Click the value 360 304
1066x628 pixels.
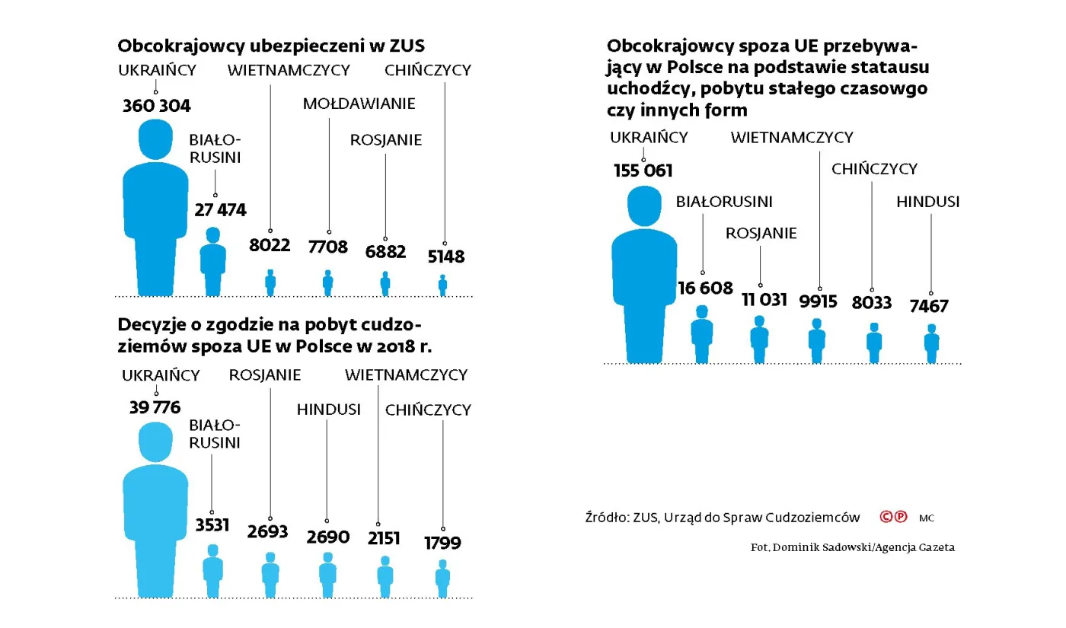(x=156, y=106)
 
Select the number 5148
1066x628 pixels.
(x=445, y=257)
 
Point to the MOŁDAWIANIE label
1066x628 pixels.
(x=359, y=104)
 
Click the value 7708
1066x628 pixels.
(x=328, y=247)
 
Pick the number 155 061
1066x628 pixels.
(x=643, y=171)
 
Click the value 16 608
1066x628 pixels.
(x=705, y=288)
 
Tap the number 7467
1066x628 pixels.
(x=928, y=306)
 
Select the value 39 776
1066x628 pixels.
(x=155, y=407)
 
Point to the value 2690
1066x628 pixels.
(x=328, y=537)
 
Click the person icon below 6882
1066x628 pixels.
(x=385, y=283)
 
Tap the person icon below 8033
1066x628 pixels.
(x=873, y=343)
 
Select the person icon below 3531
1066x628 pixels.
(x=212, y=571)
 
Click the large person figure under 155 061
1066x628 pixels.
(x=644, y=282)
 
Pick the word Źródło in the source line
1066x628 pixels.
(x=603, y=518)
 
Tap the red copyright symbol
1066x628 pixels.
(x=886, y=517)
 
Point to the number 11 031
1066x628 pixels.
(x=764, y=299)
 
